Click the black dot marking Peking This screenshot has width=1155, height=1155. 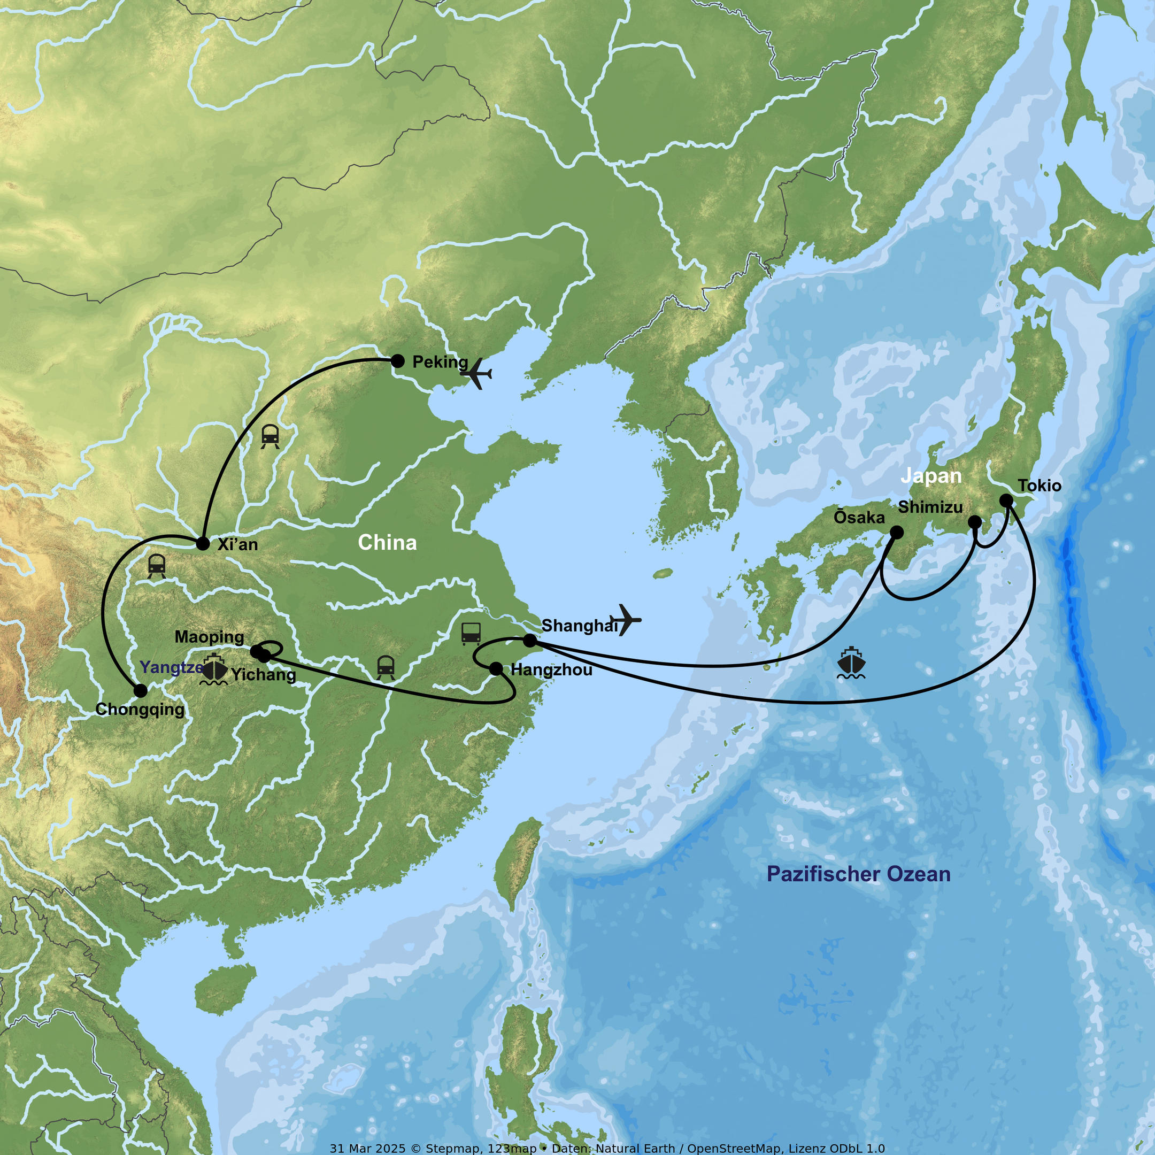397,360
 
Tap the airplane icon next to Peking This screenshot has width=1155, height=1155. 476,374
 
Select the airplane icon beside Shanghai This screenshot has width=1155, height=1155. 625,620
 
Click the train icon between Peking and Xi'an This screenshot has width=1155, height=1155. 270,436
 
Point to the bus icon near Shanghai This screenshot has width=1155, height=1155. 471,634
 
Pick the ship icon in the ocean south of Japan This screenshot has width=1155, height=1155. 851,663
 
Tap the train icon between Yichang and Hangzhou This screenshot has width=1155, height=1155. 386,668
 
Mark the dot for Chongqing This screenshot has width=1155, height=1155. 141,690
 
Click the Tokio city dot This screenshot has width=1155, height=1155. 1007,500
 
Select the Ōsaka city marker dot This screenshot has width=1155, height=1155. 897,532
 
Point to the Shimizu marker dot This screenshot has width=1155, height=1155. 974,522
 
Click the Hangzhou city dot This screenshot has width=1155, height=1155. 496,668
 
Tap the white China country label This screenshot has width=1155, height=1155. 387,543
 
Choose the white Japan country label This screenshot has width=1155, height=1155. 931,476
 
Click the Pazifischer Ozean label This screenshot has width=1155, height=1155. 858,874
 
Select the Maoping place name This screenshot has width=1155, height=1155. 209,637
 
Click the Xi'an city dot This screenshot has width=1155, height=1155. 203,543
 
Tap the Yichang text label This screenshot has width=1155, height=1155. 264,675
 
